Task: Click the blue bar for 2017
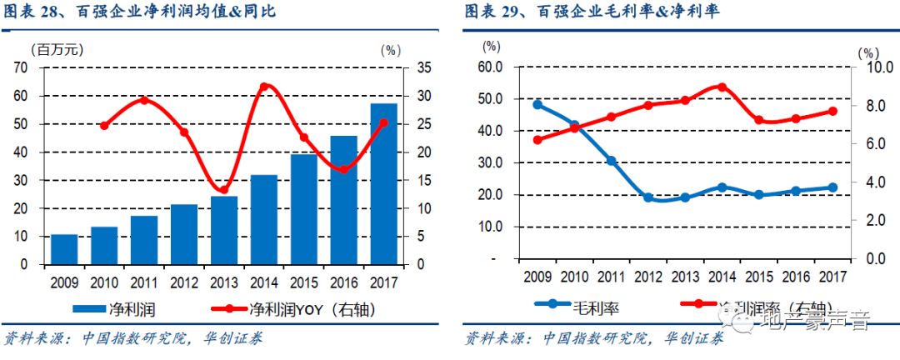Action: coord(383,184)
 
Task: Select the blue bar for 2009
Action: coord(64,249)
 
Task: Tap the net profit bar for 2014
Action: coord(263,219)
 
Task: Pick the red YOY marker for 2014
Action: coord(264,87)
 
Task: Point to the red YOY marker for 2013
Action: coord(223,190)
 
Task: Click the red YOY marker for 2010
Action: coord(104,126)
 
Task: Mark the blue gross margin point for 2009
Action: coord(537,105)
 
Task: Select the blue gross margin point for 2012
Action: coord(647,197)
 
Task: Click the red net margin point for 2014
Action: coord(722,87)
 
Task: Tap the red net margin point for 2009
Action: coord(537,139)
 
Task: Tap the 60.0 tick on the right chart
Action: coord(492,67)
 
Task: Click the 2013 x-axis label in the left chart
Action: coord(223,280)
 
